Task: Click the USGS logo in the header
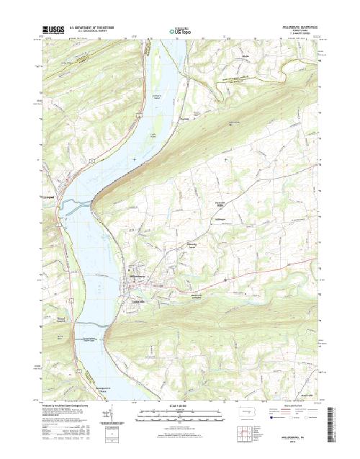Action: click(54, 30)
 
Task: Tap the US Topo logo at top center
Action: click(181, 31)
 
